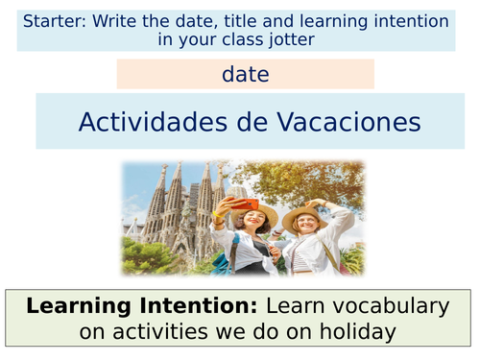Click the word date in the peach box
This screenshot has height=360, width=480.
(x=245, y=74)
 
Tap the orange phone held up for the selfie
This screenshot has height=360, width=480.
(x=245, y=203)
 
